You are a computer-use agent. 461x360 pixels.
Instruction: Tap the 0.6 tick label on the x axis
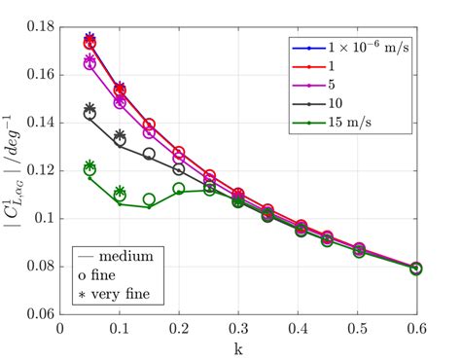pyautogui.click(x=416, y=330)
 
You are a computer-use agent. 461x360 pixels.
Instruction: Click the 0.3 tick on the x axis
pyautogui.click(x=238, y=330)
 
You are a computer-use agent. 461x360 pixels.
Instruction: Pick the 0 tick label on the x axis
pyautogui.click(x=60, y=330)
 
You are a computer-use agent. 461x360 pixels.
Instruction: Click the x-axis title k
pyautogui.click(x=238, y=347)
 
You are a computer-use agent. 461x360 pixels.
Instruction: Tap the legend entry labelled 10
pyautogui.click(x=336, y=104)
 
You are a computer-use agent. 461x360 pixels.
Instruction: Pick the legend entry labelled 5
pyautogui.click(x=333, y=86)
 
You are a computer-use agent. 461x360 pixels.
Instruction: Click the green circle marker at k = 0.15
pyautogui.click(x=149, y=199)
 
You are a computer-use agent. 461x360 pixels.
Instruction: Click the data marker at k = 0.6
pyautogui.click(x=416, y=269)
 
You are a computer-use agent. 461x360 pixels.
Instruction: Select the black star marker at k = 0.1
pyautogui.click(x=120, y=135)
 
